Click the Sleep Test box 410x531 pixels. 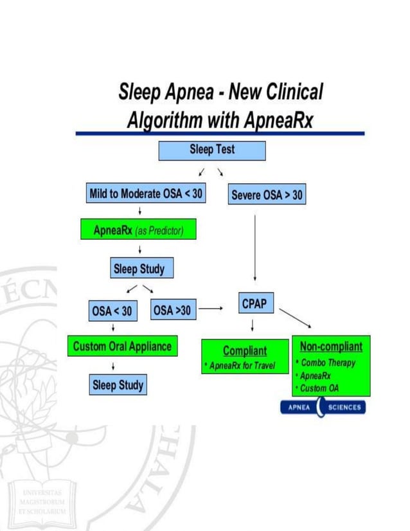[x=212, y=150]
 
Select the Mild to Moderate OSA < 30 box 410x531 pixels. [x=146, y=194]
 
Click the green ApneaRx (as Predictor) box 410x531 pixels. [x=138, y=230]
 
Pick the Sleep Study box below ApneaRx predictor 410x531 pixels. [x=139, y=269]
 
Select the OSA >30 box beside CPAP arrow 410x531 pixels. [x=172, y=310]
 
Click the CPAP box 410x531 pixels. [x=254, y=305]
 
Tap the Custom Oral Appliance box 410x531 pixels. [x=122, y=346]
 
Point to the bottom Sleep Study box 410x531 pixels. [x=118, y=386]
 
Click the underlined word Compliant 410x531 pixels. [x=245, y=350]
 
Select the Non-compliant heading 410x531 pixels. [x=330, y=347]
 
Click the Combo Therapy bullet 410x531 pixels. [x=328, y=363]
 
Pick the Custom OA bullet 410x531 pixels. [x=319, y=388]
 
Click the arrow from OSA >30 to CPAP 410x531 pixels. [x=211, y=309]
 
